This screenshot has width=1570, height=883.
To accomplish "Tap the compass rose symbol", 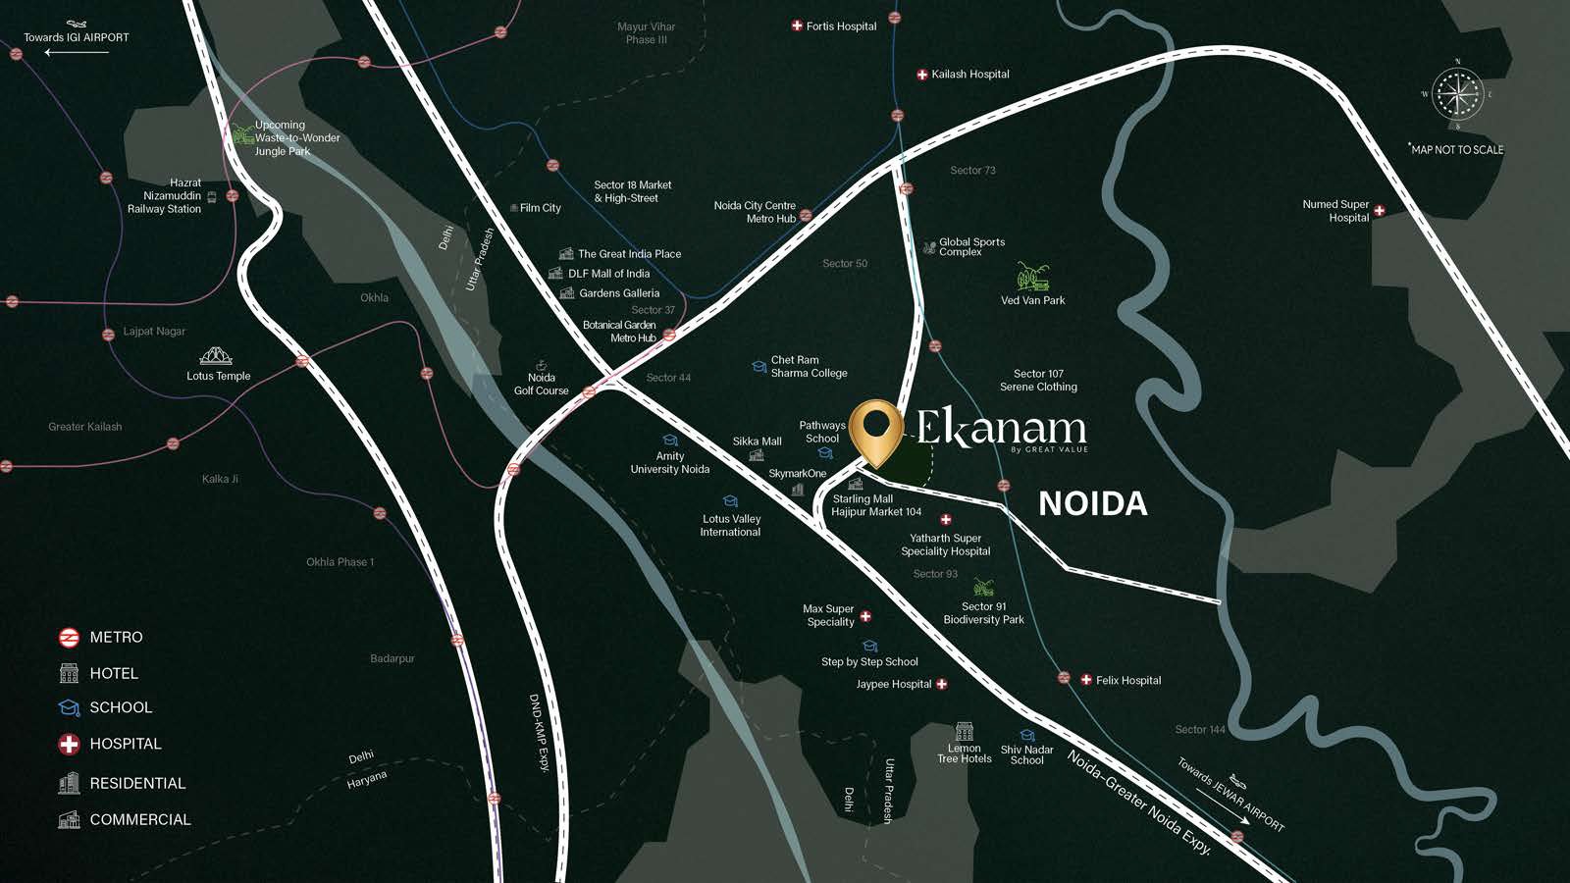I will tap(1458, 94).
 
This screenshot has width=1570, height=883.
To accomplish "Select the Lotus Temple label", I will tap(219, 376).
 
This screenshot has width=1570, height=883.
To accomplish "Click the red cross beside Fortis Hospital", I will tap(797, 26).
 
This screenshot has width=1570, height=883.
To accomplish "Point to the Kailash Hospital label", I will tap(969, 75).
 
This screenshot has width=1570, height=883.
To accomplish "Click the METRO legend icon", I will tap(69, 638).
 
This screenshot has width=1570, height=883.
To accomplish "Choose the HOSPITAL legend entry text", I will tap(126, 744).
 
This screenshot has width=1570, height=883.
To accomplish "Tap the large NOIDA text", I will tap(1092, 503).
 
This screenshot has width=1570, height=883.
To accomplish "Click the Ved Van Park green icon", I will tap(1032, 277).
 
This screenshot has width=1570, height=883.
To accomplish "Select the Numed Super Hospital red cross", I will tap(1379, 210).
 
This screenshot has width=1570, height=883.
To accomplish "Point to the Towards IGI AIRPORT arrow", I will tap(77, 52).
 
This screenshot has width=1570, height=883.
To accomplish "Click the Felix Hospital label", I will tap(1128, 680).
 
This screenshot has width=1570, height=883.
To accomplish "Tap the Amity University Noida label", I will tap(669, 462).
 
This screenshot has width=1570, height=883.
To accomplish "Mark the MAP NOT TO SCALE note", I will tap(1457, 150).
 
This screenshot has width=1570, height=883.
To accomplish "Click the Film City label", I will tap(540, 208).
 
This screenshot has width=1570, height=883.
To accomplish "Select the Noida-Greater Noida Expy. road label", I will tap(1138, 802).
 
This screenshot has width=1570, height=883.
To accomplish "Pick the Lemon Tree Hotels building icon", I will tap(964, 731).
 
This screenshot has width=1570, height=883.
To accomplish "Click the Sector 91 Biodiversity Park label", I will tap(983, 613).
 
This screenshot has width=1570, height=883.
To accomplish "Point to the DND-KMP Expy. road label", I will tap(539, 732).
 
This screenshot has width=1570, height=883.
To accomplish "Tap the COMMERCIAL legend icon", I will tap(69, 819).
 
